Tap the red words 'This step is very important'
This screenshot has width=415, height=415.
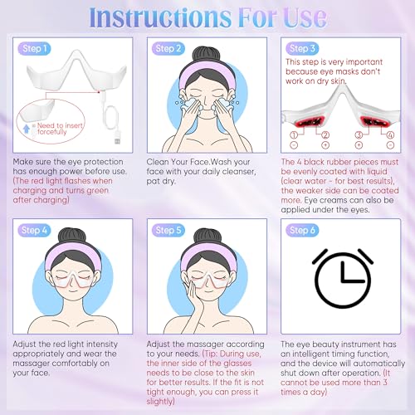tap(336, 61)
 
